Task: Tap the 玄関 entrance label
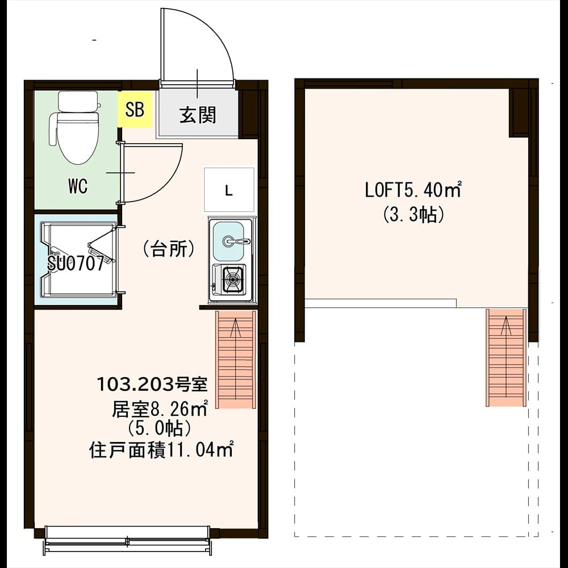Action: [x=198, y=115]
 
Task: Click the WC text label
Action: [x=78, y=186]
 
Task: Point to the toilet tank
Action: [x=78, y=102]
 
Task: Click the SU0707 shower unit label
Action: [x=76, y=264]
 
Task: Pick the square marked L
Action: [x=229, y=190]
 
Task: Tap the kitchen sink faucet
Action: [x=236, y=240]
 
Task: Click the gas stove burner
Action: [x=232, y=279]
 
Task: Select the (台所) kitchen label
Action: [x=169, y=249]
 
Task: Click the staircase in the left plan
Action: [x=236, y=360]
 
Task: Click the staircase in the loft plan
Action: [x=506, y=357]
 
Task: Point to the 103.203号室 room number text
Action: [x=152, y=385]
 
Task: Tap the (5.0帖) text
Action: [x=160, y=429]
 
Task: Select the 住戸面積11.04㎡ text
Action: [x=161, y=450]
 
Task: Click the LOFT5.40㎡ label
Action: [x=413, y=190]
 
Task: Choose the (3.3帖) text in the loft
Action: [x=414, y=215]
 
